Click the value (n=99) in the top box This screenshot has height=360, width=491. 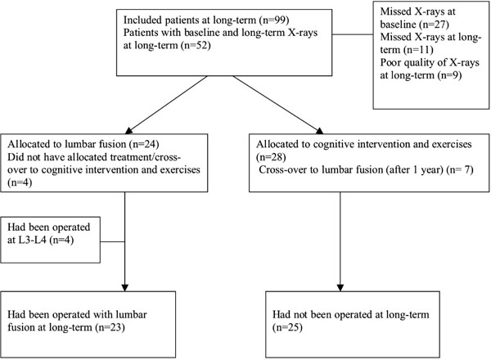pyautogui.click(x=274, y=20)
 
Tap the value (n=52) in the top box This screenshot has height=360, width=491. pyautogui.click(x=196, y=45)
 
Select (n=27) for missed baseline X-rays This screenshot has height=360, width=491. pyautogui.click(x=434, y=25)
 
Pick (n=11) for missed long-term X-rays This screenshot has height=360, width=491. pyautogui.click(x=418, y=50)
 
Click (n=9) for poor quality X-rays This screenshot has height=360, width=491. pyautogui.click(x=449, y=75)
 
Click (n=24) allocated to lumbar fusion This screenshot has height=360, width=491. pyautogui.click(x=144, y=144)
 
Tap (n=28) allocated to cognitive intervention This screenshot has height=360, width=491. pyautogui.click(x=271, y=157)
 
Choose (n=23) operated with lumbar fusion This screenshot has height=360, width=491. pyautogui.click(x=110, y=327)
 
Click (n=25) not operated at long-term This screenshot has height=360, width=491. pyautogui.click(x=287, y=327)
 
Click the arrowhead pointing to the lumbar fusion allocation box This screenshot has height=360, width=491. pyautogui.click(x=128, y=130)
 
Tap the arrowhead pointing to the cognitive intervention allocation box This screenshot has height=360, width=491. pyautogui.click(x=319, y=131)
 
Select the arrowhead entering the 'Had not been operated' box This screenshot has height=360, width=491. pyautogui.click(x=340, y=288)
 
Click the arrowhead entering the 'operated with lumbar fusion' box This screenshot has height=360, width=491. pyautogui.click(x=124, y=288)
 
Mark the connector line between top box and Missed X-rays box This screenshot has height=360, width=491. pyautogui.click(x=353, y=34)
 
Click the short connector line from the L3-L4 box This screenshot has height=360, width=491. pyautogui.click(x=112, y=241)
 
